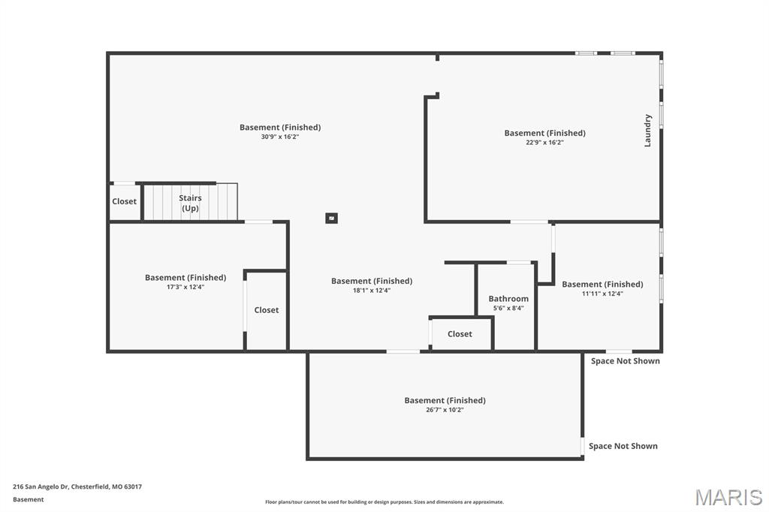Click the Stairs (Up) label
(x=190, y=203)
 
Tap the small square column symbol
(x=331, y=218)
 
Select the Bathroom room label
(x=508, y=299)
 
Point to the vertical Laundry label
(x=648, y=131)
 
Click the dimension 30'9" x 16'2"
(x=280, y=137)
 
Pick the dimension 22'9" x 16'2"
(x=545, y=143)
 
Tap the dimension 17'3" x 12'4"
(x=185, y=287)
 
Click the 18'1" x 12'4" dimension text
(x=372, y=291)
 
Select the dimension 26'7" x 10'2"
(x=445, y=410)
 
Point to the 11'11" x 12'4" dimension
(x=602, y=294)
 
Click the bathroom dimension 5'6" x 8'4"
(x=508, y=308)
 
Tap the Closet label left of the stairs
(x=124, y=201)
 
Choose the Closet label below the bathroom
(x=460, y=334)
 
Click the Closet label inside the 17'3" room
(x=267, y=310)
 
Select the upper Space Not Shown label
(x=626, y=361)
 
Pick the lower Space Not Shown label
(x=623, y=446)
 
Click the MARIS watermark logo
(x=728, y=497)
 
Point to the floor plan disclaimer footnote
(x=384, y=501)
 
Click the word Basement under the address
(x=28, y=499)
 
